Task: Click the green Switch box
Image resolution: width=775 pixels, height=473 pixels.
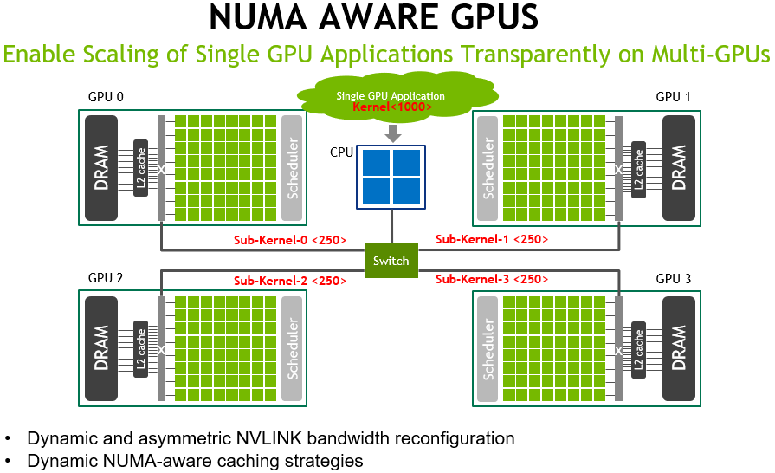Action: pyautogui.click(x=391, y=261)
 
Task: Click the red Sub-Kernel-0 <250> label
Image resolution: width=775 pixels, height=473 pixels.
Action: pyautogui.click(x=290, y=240)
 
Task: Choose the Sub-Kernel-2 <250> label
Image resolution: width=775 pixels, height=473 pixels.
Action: pyautogui.click(x=290, y=281)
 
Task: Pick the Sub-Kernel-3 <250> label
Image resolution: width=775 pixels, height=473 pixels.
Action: pyautogui.click(x=491, y=279)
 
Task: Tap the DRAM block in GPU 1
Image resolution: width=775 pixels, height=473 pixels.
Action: pyautogui.click(x=679, y=166)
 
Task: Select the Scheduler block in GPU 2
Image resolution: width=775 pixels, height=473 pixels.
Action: pyautogui.click(x=293, y=348)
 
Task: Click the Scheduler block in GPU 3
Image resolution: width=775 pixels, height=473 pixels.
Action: pyautogui.click(x=488, y=348)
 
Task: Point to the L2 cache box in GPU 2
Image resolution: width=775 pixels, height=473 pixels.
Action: pyautogui.click(x=140, y=348)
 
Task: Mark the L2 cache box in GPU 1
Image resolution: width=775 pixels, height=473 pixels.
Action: pyautogui.click(x=639, y=169)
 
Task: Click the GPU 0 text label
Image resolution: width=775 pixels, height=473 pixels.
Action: pyautogui.click(x=107, y=96)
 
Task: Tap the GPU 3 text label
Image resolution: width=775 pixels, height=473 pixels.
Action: pyautogui.click(x=674, y=278)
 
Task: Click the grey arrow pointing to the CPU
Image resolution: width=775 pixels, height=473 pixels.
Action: pyautogui.click(x=392, y=133)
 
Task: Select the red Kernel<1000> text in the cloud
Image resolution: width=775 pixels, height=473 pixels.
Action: pyautogui.click(x=391, y=107)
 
